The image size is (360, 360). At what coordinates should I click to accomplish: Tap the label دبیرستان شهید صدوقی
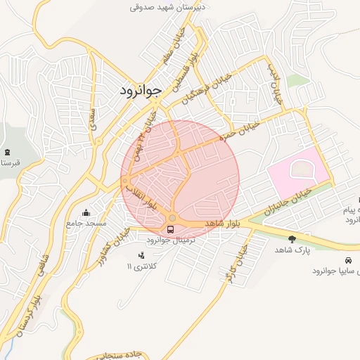tap(167, 8)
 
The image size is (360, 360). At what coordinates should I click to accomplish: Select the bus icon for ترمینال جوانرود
tap(172, 229)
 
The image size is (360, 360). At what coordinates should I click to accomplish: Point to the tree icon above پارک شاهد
tap(292, 239)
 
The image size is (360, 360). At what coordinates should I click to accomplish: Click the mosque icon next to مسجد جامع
tap(86, 212)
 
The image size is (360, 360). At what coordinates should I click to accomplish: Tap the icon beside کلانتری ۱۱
tap(141, 255)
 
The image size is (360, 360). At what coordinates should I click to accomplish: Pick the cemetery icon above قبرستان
tap(7, 153)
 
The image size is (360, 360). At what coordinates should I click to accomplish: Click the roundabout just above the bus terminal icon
tap(172, 218)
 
